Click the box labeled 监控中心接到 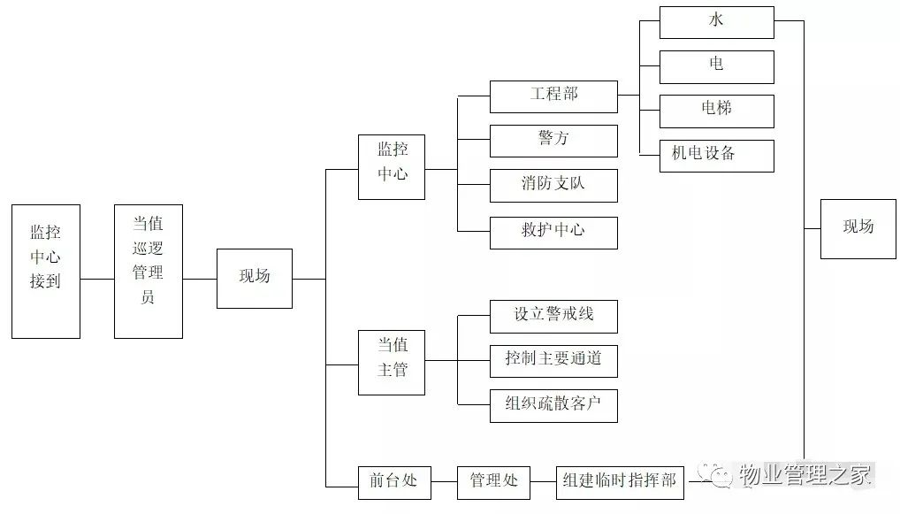point(46,272)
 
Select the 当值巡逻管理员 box point(149,272)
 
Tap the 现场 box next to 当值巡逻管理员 point(255,278)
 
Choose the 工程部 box point(553,96)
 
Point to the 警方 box point(553,141)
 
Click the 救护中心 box point(553,232)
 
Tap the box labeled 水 point(716,22)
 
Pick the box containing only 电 point(716,66)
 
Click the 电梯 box point(716,111)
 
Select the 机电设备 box point(716,155)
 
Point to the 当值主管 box point(391,362)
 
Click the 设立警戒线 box point(553,316)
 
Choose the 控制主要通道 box point(553,361)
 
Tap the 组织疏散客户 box point(553,405)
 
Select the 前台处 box point(393,482)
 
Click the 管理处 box point(493,482)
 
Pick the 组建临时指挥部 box point(620,482)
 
